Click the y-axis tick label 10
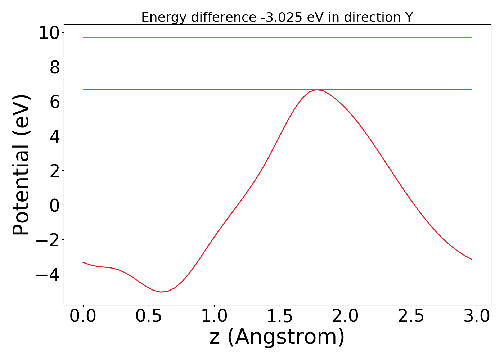[x=50, y=33]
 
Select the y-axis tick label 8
[x=55, y=67]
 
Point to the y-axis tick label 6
[x=55, y=102]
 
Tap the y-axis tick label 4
[x=55, y=136]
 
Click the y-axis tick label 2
[x=55, y=171]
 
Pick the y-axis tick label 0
[x=55, y=205]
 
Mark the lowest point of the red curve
[x=161, y=292]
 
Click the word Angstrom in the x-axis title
[x=286, y=337]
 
